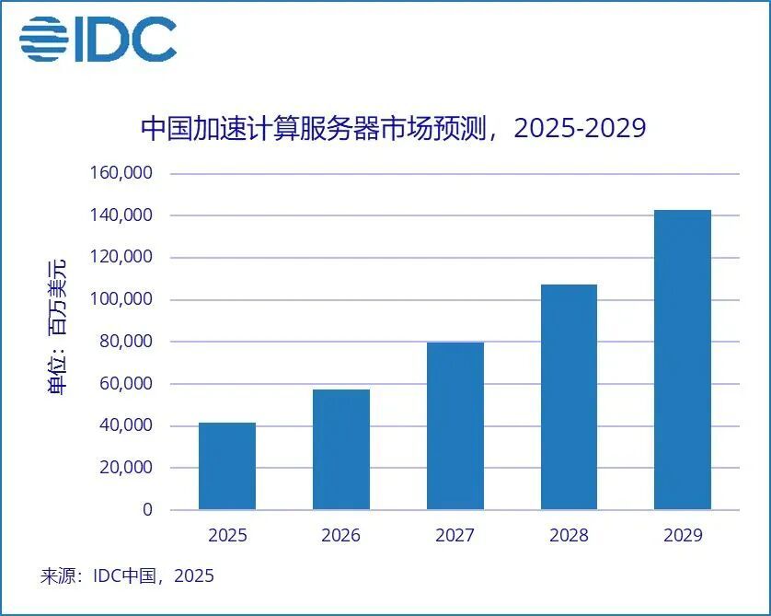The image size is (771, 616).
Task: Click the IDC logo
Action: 98,39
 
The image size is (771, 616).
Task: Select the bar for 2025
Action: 227,466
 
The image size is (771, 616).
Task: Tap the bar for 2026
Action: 341,449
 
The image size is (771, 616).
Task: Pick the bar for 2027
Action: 455,426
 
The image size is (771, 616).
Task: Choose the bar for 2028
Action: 569,397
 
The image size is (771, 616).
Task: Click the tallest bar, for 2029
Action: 683,360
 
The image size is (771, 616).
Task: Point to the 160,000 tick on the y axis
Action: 120,173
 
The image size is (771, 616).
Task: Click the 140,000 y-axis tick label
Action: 120,215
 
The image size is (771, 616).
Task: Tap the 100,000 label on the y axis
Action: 120,299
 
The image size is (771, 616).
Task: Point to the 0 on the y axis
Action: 147,510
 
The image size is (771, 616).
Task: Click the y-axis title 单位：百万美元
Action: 57,328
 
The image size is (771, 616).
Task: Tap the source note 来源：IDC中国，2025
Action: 127,576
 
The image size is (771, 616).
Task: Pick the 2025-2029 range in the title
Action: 580,127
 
